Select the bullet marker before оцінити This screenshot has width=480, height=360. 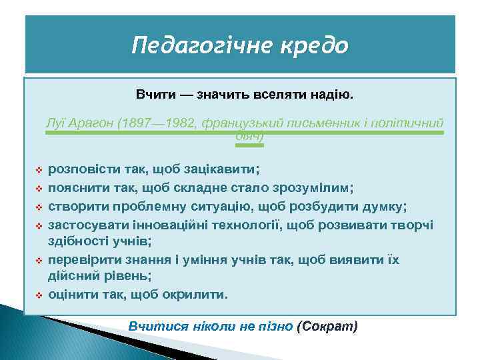coord(39,294)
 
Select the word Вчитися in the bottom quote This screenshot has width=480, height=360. coord(154,327)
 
